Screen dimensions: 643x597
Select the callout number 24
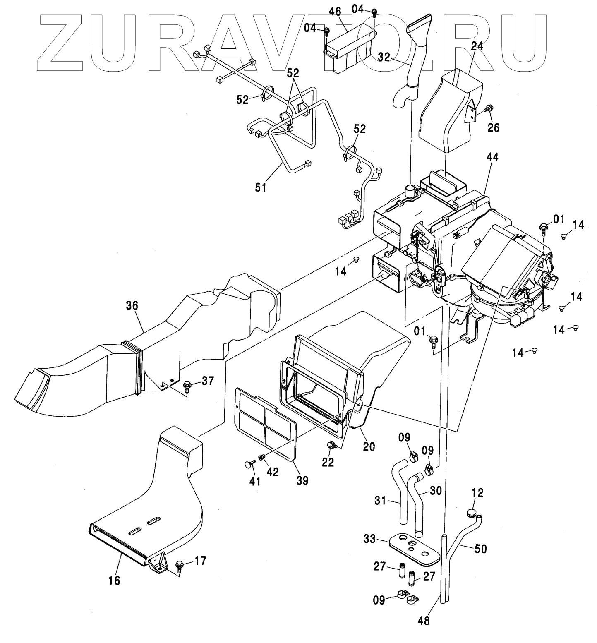[477, 46]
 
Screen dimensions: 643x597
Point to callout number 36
[133, 306]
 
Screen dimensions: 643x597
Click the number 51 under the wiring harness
[261, 187]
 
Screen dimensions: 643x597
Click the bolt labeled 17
[180, 564]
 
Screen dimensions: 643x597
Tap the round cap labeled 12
[471, 513]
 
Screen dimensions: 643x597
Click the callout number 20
[369, 446]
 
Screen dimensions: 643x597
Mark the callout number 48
[424, 621]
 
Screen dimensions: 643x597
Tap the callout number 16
[114, 580]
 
